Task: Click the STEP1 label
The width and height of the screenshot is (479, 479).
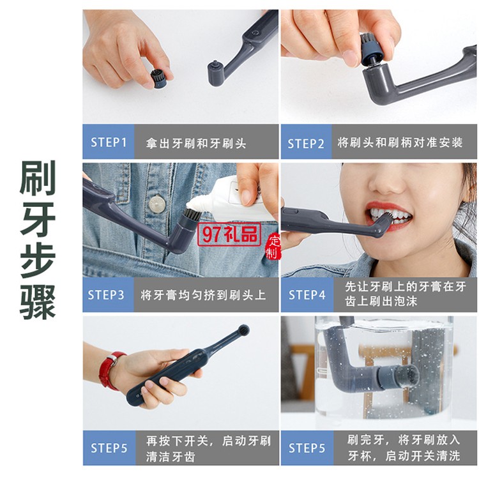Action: coord(109,142)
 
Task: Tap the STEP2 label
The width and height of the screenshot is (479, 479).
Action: coord(306,143)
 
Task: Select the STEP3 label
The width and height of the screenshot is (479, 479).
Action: coord(105,295)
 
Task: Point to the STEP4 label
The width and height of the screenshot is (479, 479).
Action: coord(307,295)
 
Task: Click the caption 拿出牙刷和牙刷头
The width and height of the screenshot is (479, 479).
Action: coord(196,143)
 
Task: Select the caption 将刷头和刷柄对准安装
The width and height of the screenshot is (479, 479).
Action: coord(400,142)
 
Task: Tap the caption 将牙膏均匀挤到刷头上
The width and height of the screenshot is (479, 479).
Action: coord(203,295)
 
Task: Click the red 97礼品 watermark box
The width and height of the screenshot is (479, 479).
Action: coord(229,234)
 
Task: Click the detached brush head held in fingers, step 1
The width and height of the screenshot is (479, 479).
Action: coord(158,79)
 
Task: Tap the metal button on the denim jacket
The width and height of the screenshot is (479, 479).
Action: coord(157,204)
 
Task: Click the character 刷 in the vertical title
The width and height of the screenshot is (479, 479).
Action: coord(38,178)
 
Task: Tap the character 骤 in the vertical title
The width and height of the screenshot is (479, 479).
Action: coord(38,302)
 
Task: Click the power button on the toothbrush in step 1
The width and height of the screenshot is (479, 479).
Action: coord(255,32)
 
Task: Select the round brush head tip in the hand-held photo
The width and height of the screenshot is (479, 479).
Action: coord(243,330)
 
